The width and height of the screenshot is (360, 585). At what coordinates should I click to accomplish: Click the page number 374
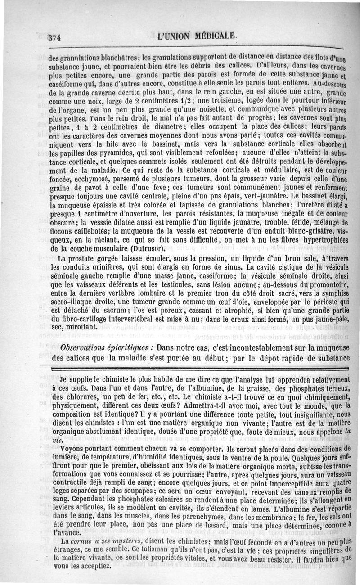coord(54,36)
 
